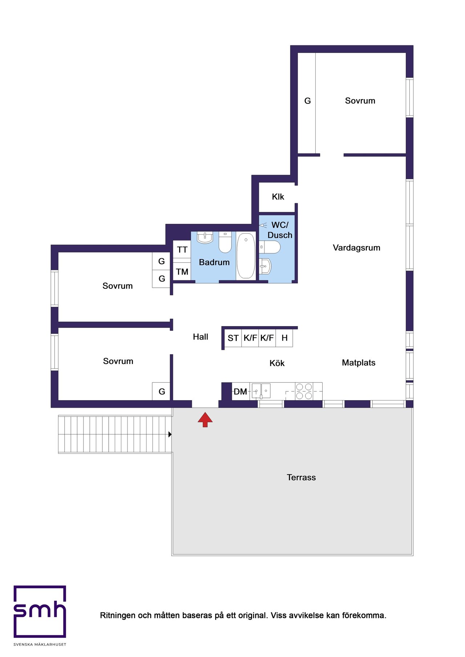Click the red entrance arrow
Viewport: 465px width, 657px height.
205,419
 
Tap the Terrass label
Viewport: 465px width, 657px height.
301,477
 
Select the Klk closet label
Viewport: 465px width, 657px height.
278,197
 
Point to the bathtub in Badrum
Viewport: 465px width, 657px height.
246,256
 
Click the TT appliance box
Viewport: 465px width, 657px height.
182,249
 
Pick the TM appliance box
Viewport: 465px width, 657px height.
182,271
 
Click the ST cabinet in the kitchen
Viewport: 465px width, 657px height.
233,338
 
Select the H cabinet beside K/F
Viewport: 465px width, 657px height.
284,338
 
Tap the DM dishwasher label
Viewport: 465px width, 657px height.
240,392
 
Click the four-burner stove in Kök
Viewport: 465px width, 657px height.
304,391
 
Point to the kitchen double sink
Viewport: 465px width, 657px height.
261,391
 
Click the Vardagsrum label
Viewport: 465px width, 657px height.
356,248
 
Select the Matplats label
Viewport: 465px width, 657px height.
359,363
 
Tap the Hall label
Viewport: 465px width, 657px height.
201,337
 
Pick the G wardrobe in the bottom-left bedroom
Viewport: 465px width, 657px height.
161,391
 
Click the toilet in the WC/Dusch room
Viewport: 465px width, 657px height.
270,247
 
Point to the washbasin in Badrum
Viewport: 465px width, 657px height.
205,238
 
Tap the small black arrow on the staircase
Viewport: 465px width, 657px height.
170,434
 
